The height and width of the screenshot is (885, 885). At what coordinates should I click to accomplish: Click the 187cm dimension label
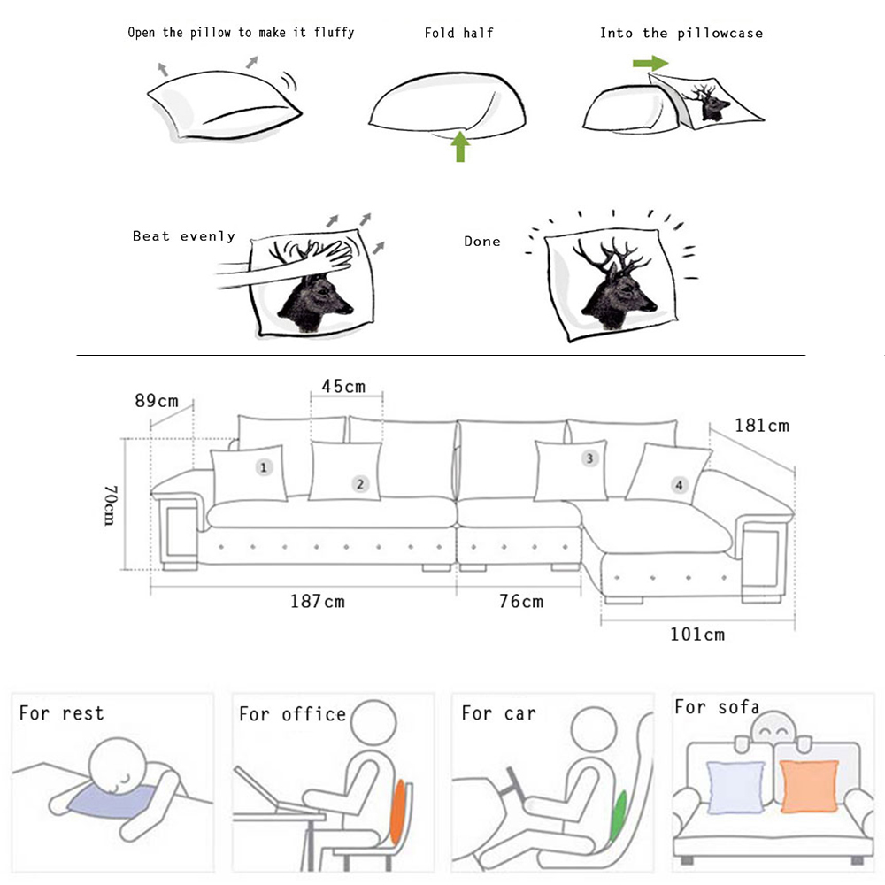317,601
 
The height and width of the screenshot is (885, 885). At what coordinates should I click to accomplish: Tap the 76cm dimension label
521,601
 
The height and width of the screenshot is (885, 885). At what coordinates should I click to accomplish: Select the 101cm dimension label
697,635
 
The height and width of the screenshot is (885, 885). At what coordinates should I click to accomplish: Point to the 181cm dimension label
761,426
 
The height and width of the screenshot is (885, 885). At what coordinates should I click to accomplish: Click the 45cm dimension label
343,387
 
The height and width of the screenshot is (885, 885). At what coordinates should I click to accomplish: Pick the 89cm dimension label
157,401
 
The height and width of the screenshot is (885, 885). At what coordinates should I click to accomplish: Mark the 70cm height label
111,505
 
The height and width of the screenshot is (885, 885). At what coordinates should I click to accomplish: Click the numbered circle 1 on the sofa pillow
264,466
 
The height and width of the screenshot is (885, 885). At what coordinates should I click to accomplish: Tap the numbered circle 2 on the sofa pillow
360,484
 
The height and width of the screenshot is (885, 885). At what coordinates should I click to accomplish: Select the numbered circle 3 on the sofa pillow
589,458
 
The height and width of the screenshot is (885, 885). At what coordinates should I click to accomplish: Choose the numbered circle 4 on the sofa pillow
679,485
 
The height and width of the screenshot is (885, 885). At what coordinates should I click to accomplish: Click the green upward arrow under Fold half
460,146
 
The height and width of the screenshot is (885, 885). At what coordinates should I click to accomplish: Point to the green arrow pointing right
650,63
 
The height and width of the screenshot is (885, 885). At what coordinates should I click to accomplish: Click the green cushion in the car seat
619,816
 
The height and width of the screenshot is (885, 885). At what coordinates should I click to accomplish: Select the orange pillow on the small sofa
809,786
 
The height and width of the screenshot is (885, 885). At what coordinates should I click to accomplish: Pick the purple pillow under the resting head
113,800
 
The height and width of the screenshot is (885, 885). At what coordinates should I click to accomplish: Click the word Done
482,242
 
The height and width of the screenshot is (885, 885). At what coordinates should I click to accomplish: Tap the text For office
292,714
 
